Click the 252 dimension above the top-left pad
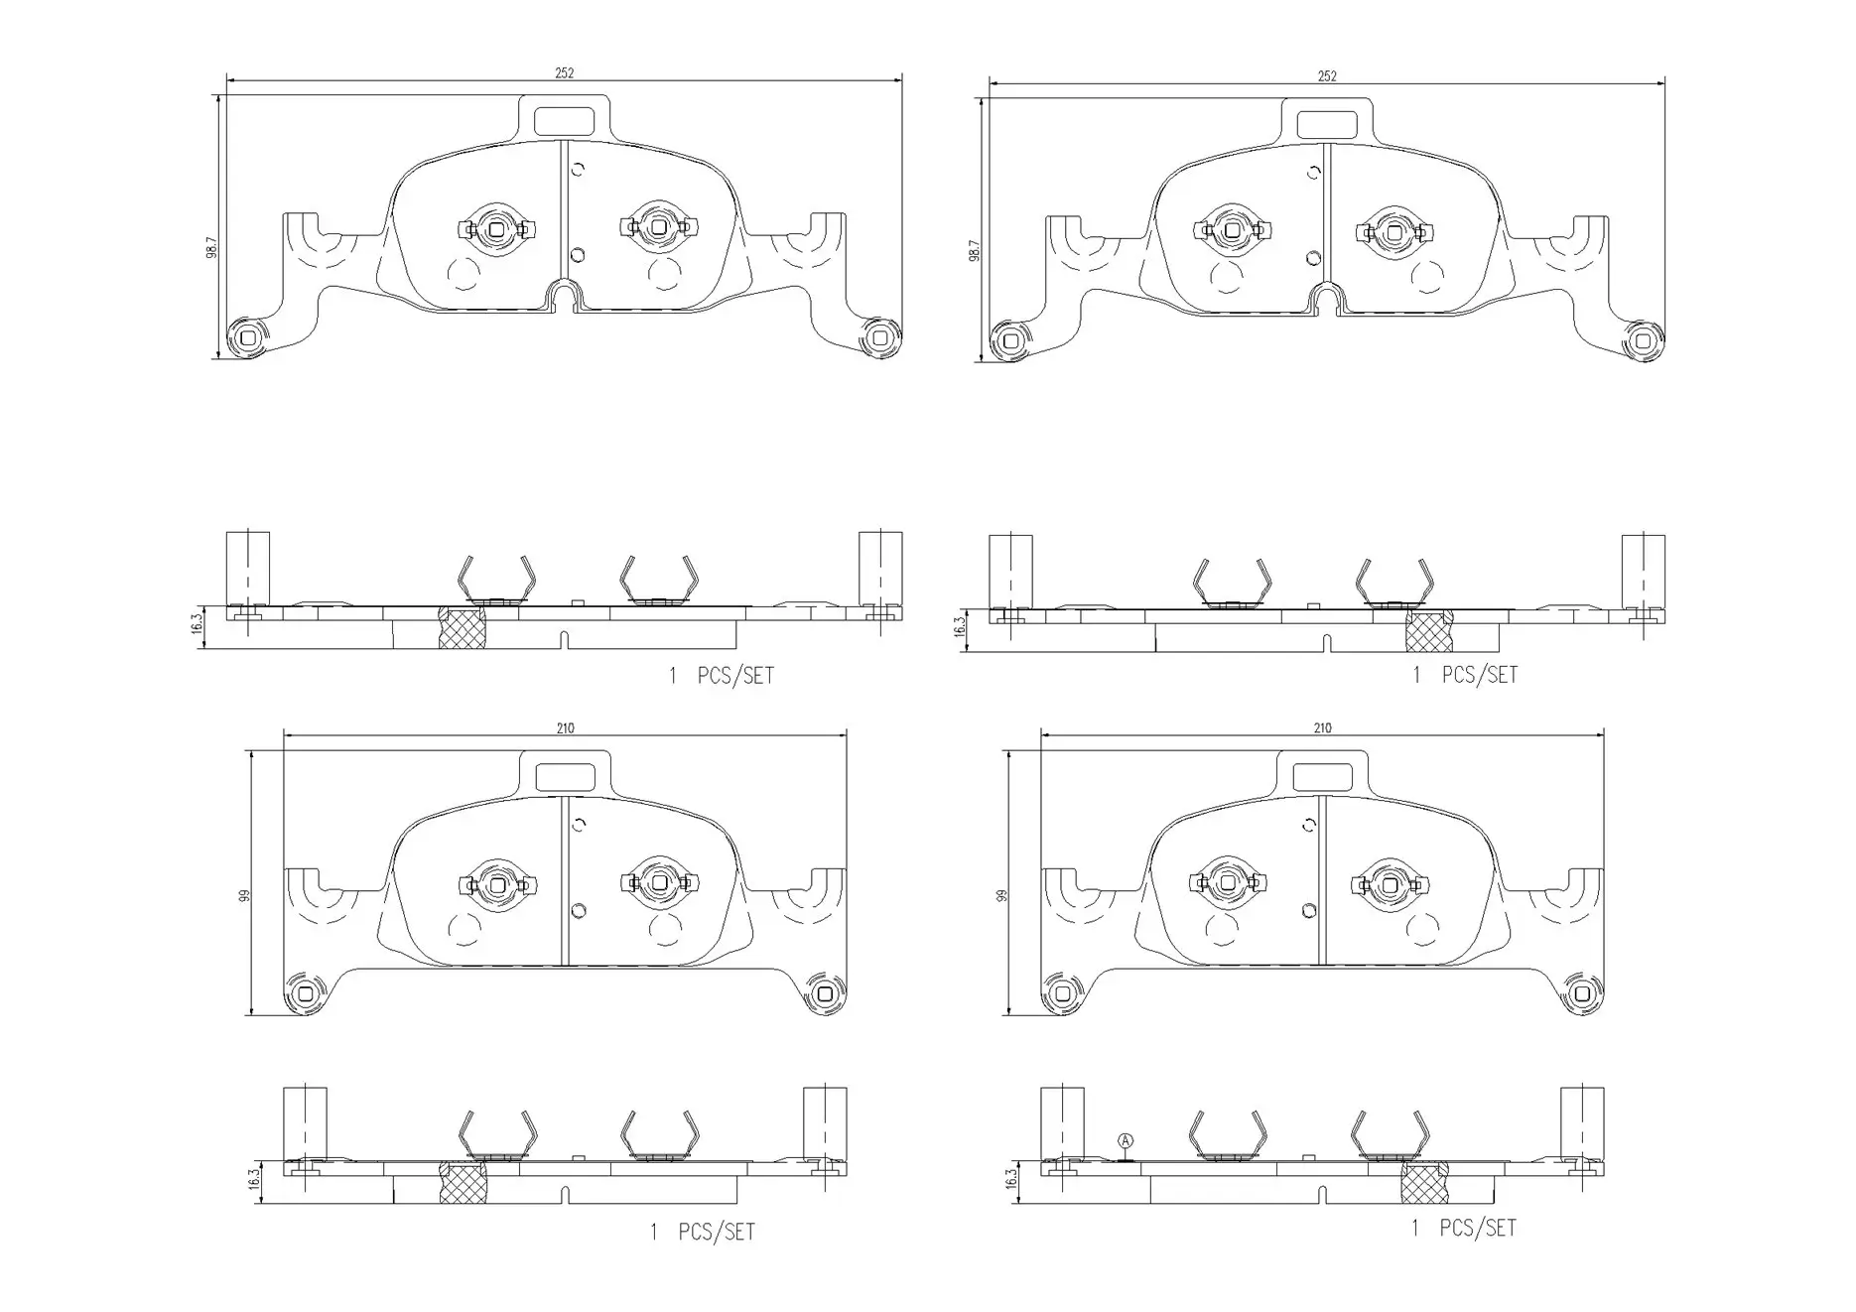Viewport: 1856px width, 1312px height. coord(564,72)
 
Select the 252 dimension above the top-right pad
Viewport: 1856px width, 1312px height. coord(1326,75)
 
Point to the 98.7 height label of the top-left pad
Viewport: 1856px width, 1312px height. coord(211,248)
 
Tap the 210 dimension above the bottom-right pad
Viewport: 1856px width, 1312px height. coord(1321,727)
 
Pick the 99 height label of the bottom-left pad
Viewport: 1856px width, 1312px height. coord(244,895)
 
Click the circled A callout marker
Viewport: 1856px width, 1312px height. coord(1125,1141)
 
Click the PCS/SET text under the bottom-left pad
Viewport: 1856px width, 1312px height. coord(716,1232)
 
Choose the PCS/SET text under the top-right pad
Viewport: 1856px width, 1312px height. coord(1479,675)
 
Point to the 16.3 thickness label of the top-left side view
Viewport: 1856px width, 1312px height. coord(197,622)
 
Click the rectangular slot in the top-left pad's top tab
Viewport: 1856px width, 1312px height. coord(563,120)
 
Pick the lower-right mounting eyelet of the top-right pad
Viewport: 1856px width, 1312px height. coord(1642,341)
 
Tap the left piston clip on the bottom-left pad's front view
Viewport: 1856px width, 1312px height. coord(496,882)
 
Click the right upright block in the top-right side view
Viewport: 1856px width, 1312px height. coord(1643,573)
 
